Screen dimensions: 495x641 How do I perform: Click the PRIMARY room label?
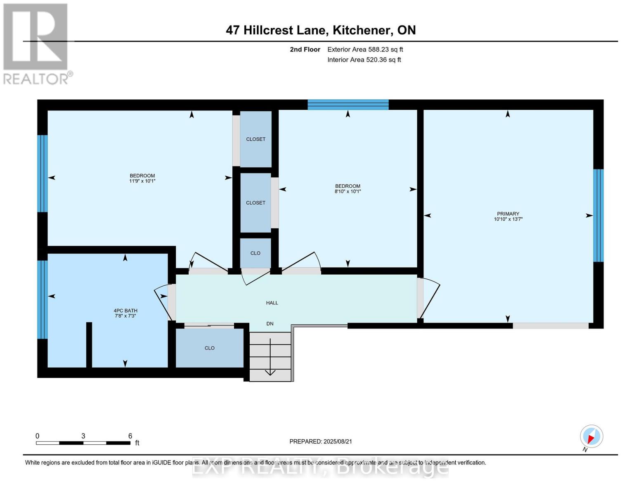(x=508, y=214)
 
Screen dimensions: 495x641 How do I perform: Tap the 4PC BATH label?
(x=125, y=311)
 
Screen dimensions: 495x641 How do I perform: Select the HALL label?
(x=272, y=303)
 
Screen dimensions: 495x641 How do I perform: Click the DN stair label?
(x=270, y=324)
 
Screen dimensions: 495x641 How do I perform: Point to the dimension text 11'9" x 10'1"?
(x=142, y=181)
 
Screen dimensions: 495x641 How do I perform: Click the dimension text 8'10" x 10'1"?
(x=348, y=191)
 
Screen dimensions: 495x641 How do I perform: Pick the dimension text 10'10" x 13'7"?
(x=508, y=219)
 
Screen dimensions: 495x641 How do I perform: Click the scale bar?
(x=83, y=443)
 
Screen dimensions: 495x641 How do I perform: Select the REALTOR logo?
(x=36, y=43)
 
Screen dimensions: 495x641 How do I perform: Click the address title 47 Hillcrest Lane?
(x=321, y=30)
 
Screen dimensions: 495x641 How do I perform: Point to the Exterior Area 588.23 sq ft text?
(x=365, y=49)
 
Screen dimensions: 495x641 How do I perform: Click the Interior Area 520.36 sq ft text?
(x=364, y=60)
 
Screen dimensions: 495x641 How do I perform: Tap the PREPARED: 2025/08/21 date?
(x=321, y=441)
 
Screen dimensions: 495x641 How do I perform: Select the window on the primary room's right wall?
(x=598, y=215)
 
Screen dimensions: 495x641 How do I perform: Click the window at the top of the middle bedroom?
(x=348, y=104)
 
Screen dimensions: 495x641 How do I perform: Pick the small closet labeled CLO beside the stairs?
(x=209, y=348)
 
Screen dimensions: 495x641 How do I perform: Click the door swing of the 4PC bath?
(x=163, y=301)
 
